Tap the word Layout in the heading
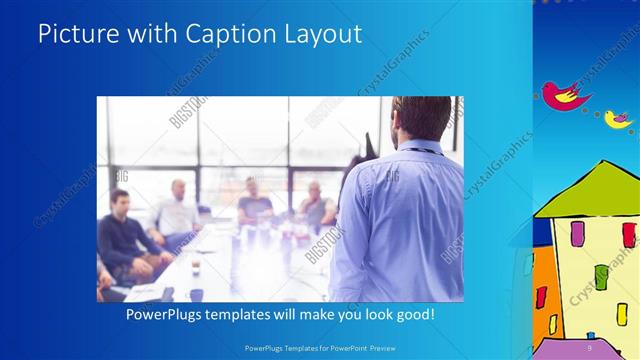click(321, 34)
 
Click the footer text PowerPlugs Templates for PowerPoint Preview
click(319, 348)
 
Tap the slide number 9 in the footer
click(589, 348)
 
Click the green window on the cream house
click(601, 276)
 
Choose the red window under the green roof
click(629, 234)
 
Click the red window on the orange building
click(541, 297)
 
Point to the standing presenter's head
click(420, 118)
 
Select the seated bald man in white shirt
click(178, 210)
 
